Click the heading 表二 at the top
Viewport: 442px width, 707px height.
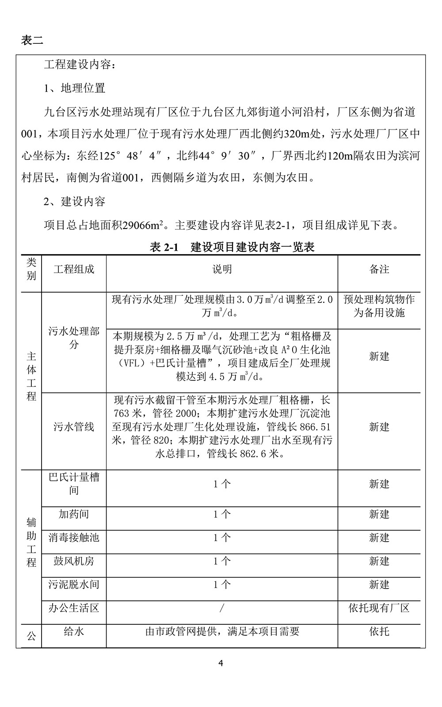pos(32,40)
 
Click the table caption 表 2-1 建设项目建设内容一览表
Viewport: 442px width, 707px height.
pos(232,247)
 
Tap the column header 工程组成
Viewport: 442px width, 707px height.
pos(74,269)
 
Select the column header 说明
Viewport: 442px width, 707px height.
pos(222,269)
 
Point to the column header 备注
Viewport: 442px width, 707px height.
pos(379,269)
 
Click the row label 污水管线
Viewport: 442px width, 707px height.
pos(74,427)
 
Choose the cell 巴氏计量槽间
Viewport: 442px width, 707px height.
pos(74,484)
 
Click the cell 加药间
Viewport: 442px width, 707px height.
pos(74,514)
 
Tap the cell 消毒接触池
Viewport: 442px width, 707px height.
pos(74,538)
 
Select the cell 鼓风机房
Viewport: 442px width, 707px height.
pos(74,561)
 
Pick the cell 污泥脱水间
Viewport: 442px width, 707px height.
pos(74,585)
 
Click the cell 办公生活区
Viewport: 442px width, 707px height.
pos(74,608)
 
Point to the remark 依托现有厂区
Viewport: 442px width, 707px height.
pos(379,608)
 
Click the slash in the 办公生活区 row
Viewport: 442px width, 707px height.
pos(222,608)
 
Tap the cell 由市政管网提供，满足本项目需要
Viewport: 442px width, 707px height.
pos(222,631)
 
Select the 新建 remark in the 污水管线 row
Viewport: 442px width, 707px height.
pos(379,427)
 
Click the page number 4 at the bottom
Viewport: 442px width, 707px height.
pos(221,663)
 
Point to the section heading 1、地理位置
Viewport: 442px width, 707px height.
pos(74,88)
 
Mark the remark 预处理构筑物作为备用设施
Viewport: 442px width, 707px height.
pos(379,306)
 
